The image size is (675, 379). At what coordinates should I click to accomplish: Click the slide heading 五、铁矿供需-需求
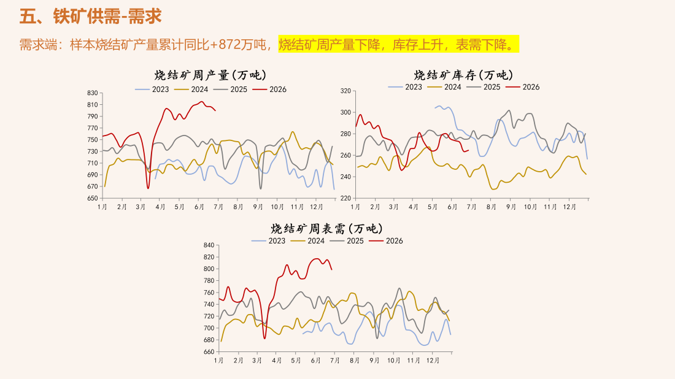point(90,17)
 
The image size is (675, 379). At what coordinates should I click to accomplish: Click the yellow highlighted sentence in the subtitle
point(398,44)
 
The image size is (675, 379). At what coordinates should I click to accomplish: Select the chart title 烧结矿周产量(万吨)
point(210,75)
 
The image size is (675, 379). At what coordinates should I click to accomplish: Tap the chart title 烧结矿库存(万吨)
point(464,75)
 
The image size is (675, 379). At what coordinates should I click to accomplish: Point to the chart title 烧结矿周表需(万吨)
point(326,228)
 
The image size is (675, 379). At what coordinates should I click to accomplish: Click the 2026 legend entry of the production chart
point(269,90)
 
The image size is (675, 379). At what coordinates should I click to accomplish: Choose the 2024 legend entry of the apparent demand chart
point(308,241)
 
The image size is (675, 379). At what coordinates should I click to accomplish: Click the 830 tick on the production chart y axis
point(93,93)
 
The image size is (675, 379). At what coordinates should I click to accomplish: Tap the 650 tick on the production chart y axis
point(93,198)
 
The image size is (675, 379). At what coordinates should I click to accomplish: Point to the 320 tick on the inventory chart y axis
point(345,91)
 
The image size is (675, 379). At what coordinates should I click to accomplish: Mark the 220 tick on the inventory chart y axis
point(345,198)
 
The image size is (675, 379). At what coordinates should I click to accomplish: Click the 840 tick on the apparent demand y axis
point(209,245)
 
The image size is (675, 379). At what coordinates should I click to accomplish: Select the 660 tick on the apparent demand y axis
point(209,352)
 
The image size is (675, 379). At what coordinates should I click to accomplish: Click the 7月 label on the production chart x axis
point(218,207)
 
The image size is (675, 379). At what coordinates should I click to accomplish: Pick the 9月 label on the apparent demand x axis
point(374,361)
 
